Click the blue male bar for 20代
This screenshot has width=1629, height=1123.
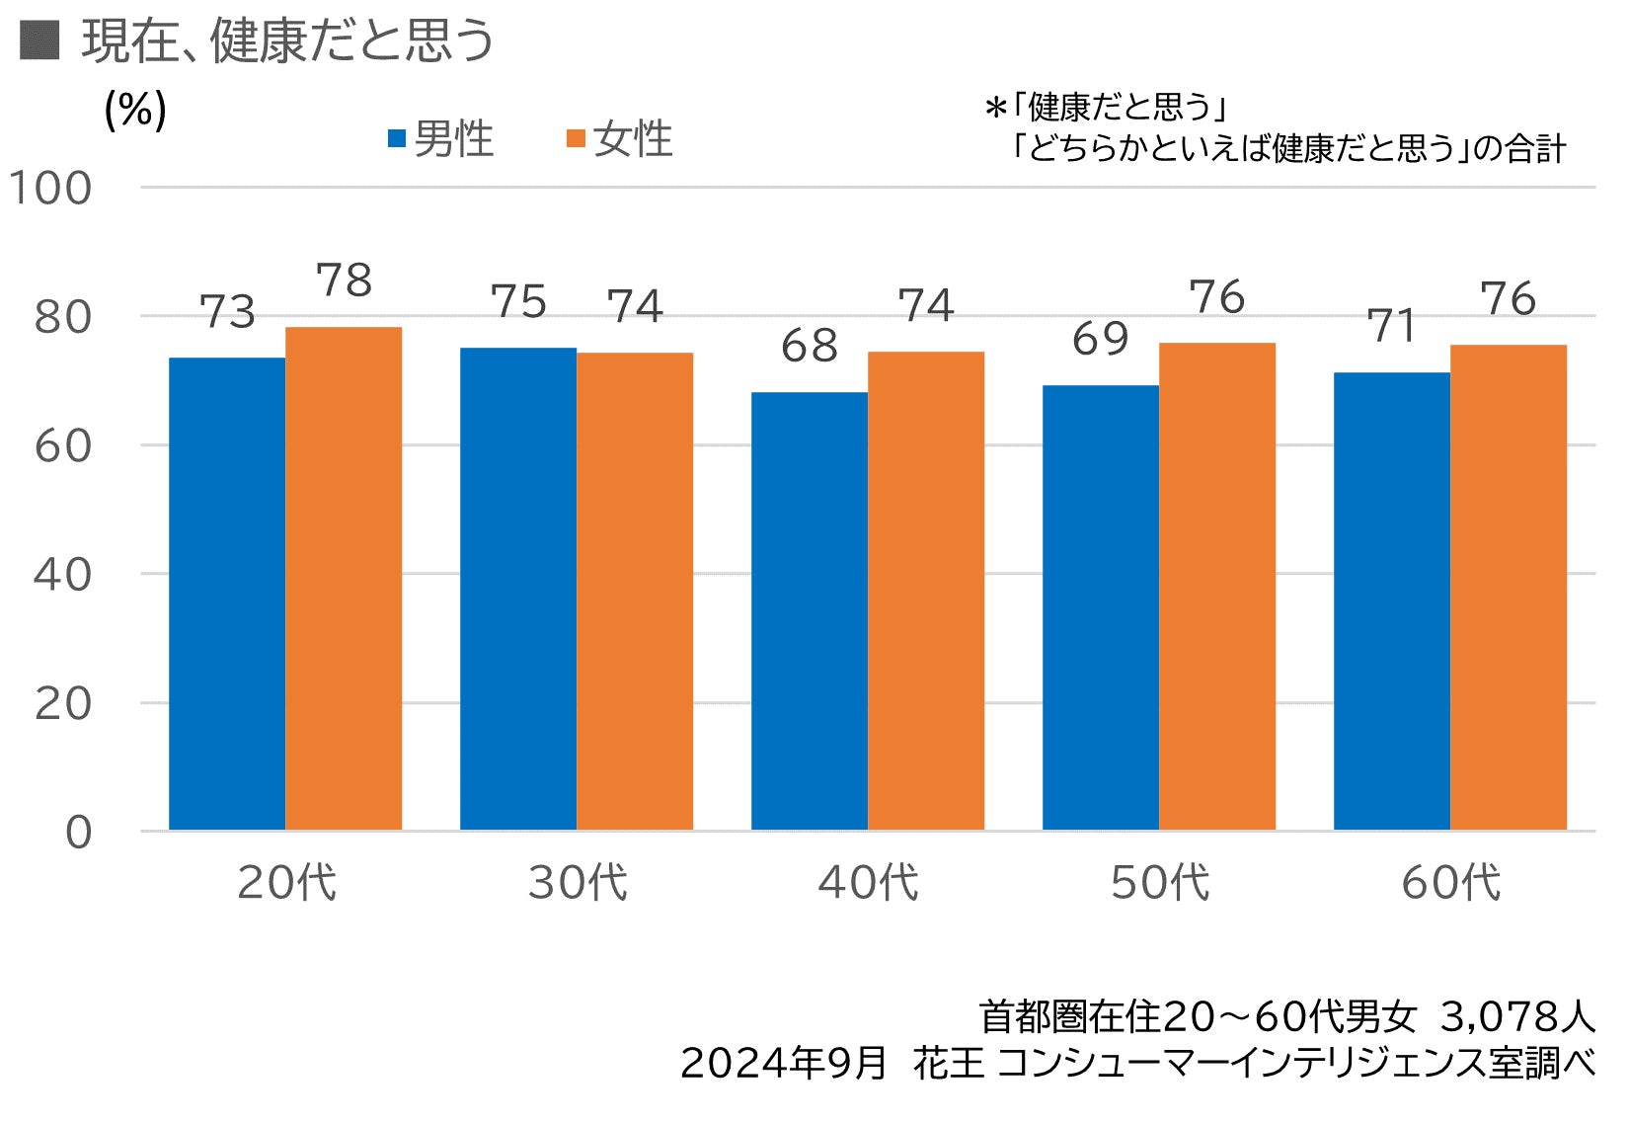pyautogui.click(x=227, y=593)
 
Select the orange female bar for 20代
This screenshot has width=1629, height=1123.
pyautogui.click(x=344, y=578)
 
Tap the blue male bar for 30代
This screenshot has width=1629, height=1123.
pyautogui.click(x=518, y=589)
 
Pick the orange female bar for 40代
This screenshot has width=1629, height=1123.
pyautogui.click(x=926, y=591)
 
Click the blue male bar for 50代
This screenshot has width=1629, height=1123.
pyautogui.click(x=1101, y=607)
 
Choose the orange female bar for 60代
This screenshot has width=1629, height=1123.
pyautogui.click(x=1509, y=587)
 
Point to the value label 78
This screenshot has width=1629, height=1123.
pyautogui.click(x=345, y=281)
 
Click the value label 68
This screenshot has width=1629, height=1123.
pyautogui.click(x=810, y=347)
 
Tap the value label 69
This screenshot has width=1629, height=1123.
pyautogui.click(x=1101, y=340)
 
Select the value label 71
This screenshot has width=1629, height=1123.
pyautogui.click(x=1392, y=327)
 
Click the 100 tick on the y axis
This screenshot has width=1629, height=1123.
pyautogui.click(x=50, y=188)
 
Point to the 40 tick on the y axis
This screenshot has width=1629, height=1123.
pyautogui.click(x=63, y=575)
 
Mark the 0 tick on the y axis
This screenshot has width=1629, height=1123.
pyautogui.click(x=79, y=833)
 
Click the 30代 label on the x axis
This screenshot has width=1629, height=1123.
pyautogui.click(x=578, y=882)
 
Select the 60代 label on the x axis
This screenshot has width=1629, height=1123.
pyautogui.click(x=1450, y=882)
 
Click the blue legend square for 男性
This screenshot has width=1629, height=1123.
pyautogui.click(x=397, y=139)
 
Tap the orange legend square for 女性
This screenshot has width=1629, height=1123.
pyautogui.click(x=576, y=139)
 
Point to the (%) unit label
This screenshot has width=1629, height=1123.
pyautogui.click(x=135, y=110)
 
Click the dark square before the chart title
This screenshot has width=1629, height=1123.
pyautogui.click(x=39, y=41)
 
